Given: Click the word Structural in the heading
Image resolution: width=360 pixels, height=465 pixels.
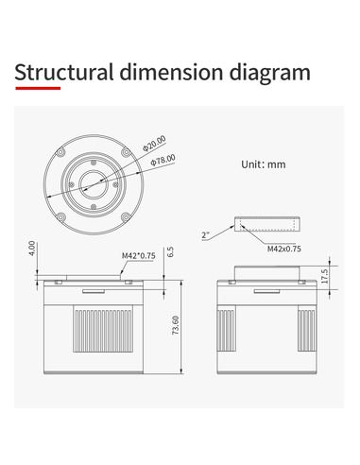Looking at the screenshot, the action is click(64, 72).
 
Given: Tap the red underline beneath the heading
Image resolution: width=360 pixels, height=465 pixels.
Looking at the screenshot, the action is click(38, 88).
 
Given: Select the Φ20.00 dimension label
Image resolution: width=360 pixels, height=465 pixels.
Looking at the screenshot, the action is click(154, 144).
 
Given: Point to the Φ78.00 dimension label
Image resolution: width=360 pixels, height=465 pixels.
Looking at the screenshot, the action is click(163, 161).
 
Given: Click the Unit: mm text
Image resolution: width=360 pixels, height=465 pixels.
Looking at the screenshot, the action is click(264, 164).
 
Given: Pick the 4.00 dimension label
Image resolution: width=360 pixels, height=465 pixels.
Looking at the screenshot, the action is click(32, 249).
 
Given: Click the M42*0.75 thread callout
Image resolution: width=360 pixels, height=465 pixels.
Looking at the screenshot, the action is click(139, 255).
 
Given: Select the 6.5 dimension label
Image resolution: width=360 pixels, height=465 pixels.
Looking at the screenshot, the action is click(170, 251).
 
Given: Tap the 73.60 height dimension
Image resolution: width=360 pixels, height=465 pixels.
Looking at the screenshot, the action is click(176, 325).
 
